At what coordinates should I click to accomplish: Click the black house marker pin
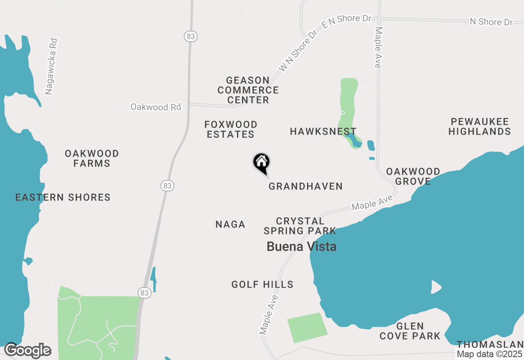click(x=261, y=162)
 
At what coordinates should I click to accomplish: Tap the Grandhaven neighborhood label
click(x=305, y=187)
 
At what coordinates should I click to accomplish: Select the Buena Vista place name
click(x=301, y=246)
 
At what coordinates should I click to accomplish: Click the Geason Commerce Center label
click(x=248, y=90)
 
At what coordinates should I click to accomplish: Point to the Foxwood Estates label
click(x=231, y=129)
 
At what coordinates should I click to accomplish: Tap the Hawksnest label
click(x=323, y=131)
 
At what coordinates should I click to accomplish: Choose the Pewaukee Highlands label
click(x=479, y=126)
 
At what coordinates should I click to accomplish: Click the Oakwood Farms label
click(x=92, y=158)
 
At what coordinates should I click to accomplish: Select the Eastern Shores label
click(x=63, y=198)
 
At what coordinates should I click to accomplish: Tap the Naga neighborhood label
click(x=230, y=224)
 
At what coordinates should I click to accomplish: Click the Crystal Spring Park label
click(x=300, y=226)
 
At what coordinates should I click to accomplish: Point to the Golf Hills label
click(x=262, y=284)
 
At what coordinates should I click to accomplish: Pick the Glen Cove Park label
click(x=410, y=331)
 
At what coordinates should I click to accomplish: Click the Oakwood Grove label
click(x=413, y=176)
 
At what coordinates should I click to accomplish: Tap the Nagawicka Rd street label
click(x=51, y=67)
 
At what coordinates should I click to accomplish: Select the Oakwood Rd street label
click(x=156, y=107)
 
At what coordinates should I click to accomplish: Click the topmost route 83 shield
click(x=191, y=36)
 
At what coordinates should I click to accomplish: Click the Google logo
click(x=28, y=351)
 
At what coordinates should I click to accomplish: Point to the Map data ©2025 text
click(x=490, y=354)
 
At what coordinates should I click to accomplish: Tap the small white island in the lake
click(x=436, y=287)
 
